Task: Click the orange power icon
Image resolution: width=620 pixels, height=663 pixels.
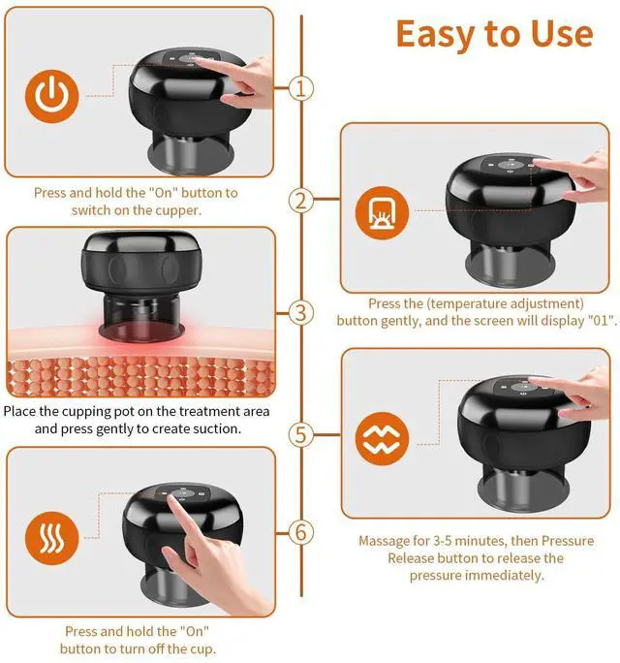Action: coord(52,96)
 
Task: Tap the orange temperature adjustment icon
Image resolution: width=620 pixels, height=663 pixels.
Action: coord(382,212)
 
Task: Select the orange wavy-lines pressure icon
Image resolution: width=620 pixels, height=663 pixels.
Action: coord(382,438)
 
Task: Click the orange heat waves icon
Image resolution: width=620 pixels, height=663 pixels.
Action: coord(52,538)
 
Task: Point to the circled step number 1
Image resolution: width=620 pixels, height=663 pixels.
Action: coord(301,88)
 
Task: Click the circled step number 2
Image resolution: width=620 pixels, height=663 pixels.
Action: coord(301,201)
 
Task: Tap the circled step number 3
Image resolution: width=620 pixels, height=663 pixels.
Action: coord(301,313)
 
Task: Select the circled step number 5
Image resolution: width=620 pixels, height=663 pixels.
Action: coord(301,434)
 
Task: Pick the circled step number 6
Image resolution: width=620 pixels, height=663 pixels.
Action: coord(301,532)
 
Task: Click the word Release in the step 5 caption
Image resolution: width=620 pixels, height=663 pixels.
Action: coord(407,558)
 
